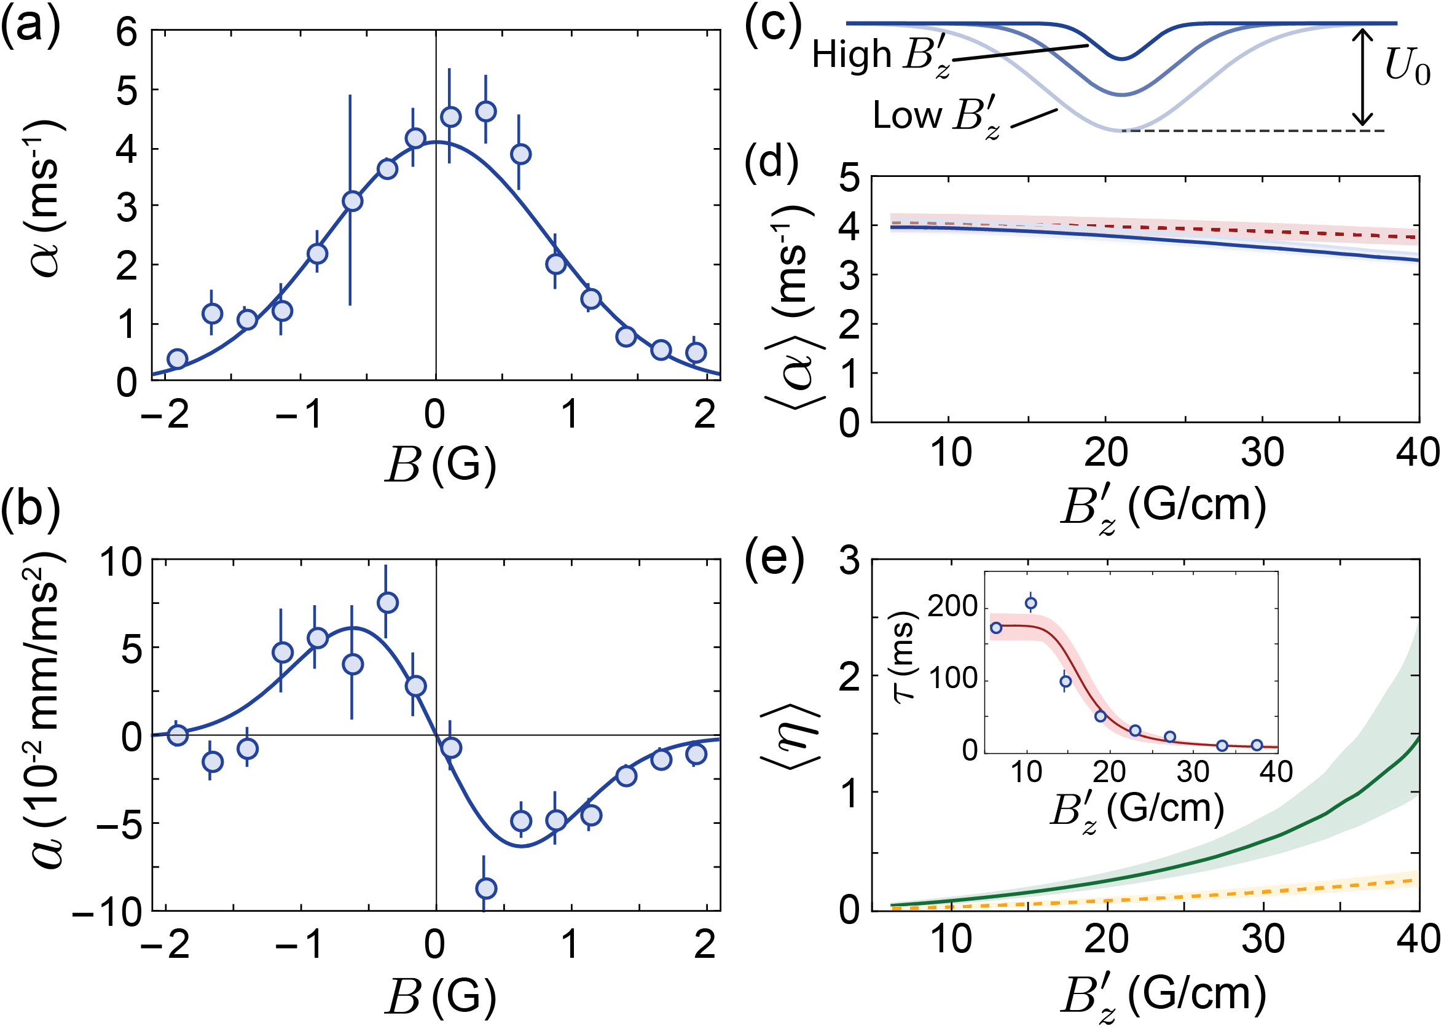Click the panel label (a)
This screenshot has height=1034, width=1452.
pos(30,29)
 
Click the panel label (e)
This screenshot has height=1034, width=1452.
pos(774,560)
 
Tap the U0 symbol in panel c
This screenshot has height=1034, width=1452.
pos(1407,67)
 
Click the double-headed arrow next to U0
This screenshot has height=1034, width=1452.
pos(1362,77)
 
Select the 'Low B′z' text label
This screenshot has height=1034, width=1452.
pos(935,119)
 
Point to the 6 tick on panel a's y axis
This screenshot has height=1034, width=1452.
pos(127,31)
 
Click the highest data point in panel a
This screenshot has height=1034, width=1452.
pos(486,111)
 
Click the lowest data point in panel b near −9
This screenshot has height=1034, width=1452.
pos(486,888)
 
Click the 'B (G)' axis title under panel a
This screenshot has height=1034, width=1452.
pos(440,465)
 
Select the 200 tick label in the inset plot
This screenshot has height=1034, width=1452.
pos(952,606)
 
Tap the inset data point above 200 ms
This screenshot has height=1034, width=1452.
pos(1030,603)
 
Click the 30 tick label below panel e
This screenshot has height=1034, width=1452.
pos(1263,940)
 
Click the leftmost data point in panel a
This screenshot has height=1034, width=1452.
pos(177,358)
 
